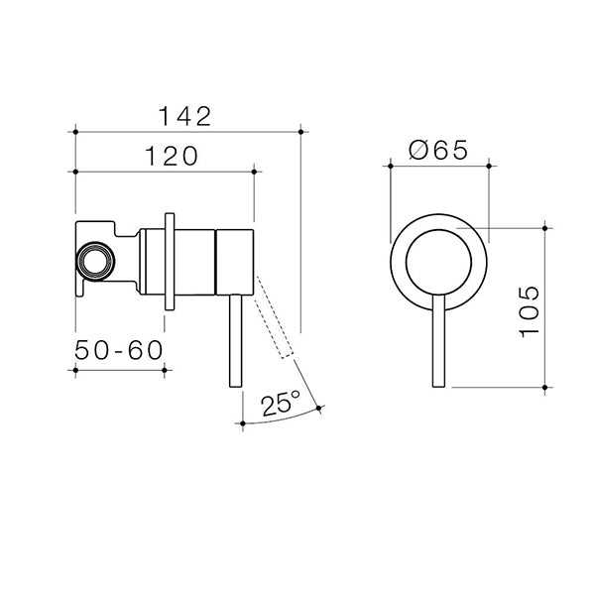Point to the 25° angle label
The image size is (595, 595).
[281, 404]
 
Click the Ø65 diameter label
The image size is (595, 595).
[437, 151]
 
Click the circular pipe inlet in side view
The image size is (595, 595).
[95, 263]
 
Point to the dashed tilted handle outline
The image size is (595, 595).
[276, 322]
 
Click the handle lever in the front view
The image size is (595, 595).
[437, 342]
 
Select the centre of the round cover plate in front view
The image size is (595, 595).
[437, 259]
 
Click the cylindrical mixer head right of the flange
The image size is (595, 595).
[236, 261]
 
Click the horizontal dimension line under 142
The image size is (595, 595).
[188, 130]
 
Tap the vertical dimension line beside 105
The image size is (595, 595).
[546, 307]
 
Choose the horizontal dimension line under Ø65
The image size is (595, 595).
[437, 167]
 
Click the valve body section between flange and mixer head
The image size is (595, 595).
[195, 261]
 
